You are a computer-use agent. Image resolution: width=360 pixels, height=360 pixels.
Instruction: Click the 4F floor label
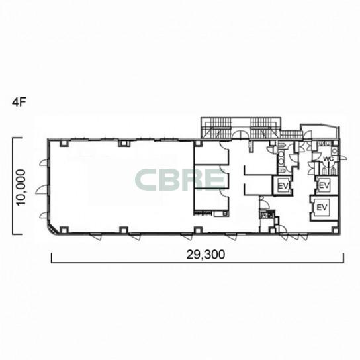[x=19, y=103]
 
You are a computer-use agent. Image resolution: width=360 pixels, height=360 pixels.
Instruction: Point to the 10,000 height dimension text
[x=21, y=188]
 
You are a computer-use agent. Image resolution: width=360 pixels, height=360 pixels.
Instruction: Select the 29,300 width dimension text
[x=206, y=255]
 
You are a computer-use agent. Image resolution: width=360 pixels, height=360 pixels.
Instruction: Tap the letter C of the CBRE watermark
[x=146, y=180]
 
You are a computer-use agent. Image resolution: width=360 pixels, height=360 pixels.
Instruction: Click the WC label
[x=328, y=159]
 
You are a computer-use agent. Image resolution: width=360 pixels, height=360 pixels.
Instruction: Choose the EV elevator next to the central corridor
[x=283, y=185]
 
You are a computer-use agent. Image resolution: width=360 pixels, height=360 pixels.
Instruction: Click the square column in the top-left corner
[x=64, y=144]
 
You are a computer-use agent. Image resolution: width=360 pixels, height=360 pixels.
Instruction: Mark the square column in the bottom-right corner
[x=335, y=230]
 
